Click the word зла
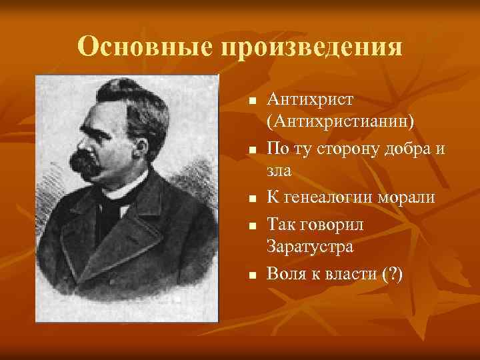pyautogui.click(x=280, y=171)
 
